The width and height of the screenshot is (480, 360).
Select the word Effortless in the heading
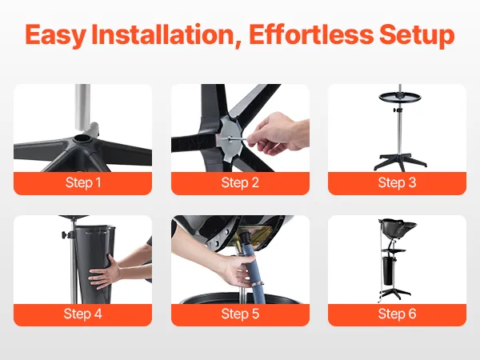(311, 34)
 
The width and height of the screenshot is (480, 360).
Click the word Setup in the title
(417, 35)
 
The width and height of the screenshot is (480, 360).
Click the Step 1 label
(83, 182)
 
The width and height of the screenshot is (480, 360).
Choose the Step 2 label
(240, 182)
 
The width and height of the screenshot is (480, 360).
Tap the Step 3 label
(397, 182)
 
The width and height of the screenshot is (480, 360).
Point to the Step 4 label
(82, 314)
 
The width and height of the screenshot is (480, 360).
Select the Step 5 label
(240, 314)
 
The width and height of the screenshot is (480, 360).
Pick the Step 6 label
(397, 314)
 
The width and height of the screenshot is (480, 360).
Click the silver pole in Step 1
(82, 107)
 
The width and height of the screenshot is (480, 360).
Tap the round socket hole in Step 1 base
(82, 138)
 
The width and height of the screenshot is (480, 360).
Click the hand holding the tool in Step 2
(277, 133)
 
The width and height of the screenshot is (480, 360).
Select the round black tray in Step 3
(400, 98)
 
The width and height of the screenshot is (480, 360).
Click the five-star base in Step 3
(400, 162)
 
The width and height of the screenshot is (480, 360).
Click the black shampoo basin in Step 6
(398, 226)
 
